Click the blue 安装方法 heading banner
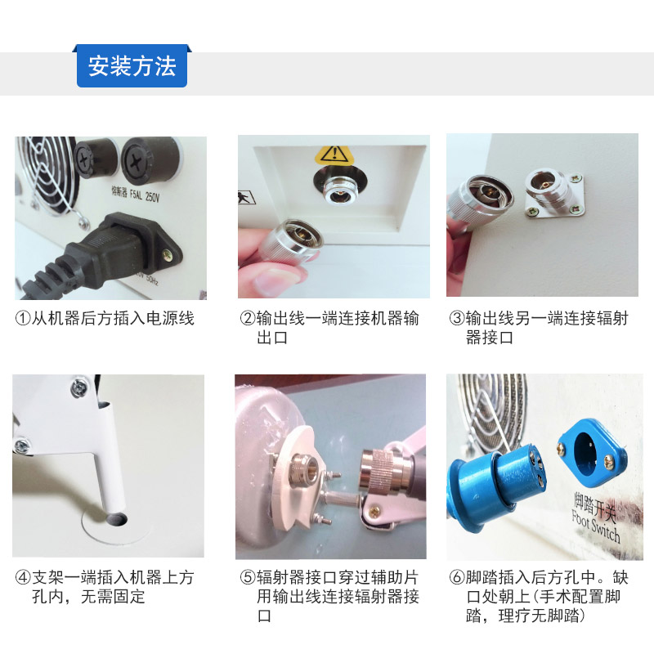coord(132,66)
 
